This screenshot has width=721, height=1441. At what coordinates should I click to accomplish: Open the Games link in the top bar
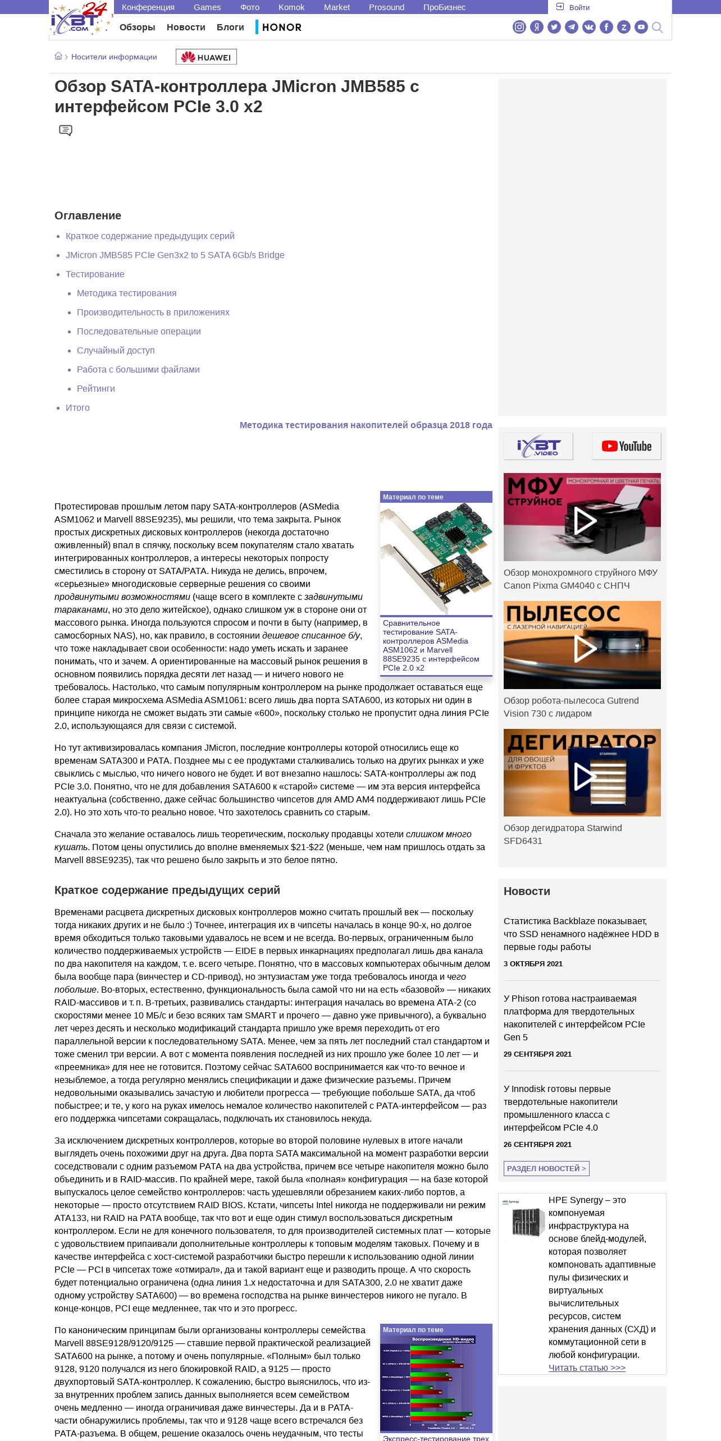click(207, 7)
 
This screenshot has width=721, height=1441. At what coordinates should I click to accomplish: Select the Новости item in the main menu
click(186, 27)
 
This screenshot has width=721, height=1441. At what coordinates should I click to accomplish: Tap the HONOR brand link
click(281, 27)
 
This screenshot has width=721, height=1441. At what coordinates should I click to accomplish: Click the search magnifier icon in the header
click(658, 27)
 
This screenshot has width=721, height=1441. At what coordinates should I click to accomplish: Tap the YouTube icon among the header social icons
click(641, 27)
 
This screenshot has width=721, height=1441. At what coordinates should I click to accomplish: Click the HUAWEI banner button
click(206, 57)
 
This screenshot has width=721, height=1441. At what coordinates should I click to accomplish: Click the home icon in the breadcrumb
click(58, 56)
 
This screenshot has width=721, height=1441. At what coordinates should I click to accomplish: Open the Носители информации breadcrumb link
click(114, 57)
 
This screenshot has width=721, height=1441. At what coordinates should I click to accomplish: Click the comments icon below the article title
click(66, 130)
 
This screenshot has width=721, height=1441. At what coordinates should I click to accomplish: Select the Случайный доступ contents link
click(116, 351)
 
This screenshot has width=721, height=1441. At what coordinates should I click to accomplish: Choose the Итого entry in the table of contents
click(77, 408)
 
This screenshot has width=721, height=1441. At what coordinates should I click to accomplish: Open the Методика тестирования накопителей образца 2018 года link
click(366, 425)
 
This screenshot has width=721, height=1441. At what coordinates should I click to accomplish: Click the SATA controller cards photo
click(436, 559)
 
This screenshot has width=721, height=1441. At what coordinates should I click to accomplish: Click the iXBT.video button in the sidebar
click(538, 446)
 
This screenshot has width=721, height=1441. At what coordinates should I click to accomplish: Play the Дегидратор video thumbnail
click(582, 773)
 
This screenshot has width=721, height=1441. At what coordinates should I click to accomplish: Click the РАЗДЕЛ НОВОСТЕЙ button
click(546, 1168)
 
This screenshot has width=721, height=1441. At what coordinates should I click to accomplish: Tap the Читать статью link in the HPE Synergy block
click(587, 1368)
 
